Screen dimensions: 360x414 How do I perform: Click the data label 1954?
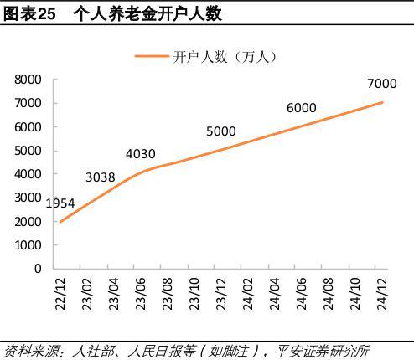60,203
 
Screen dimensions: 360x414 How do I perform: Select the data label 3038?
101,177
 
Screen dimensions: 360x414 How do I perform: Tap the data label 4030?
141,153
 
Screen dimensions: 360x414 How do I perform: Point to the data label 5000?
221,131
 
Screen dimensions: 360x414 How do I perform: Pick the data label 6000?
301,107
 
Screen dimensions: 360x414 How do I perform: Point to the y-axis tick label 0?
38,269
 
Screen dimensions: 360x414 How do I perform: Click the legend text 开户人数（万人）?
225,56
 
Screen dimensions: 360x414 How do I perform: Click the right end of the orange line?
383,102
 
